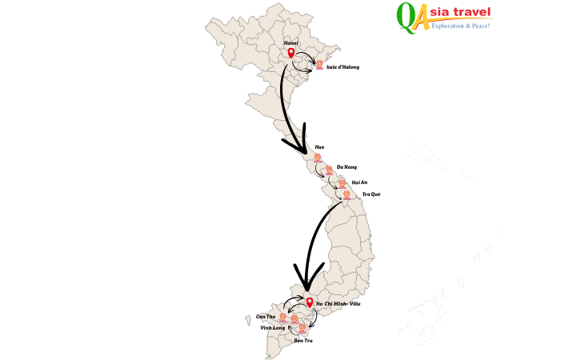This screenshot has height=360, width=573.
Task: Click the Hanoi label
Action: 291,42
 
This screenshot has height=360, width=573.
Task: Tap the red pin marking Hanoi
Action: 291,54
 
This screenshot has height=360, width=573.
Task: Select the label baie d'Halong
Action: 343,67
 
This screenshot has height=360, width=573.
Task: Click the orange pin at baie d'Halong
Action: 319,64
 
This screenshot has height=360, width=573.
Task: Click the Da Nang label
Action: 347,166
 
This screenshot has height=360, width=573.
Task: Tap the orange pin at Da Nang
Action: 329,170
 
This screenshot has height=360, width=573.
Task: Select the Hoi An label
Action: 359,182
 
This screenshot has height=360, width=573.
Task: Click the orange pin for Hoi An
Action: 343,183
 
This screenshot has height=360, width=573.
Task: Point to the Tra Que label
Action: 371,194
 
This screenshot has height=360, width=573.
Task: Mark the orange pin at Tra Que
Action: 347,194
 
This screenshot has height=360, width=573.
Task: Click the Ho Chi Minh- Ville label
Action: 339,305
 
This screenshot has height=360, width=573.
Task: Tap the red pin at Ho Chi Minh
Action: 310,303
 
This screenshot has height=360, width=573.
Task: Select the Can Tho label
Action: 266,317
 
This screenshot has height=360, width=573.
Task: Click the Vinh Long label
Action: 273,328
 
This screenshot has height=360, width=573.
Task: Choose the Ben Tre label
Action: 303,341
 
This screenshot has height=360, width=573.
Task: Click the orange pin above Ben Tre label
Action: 302,328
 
